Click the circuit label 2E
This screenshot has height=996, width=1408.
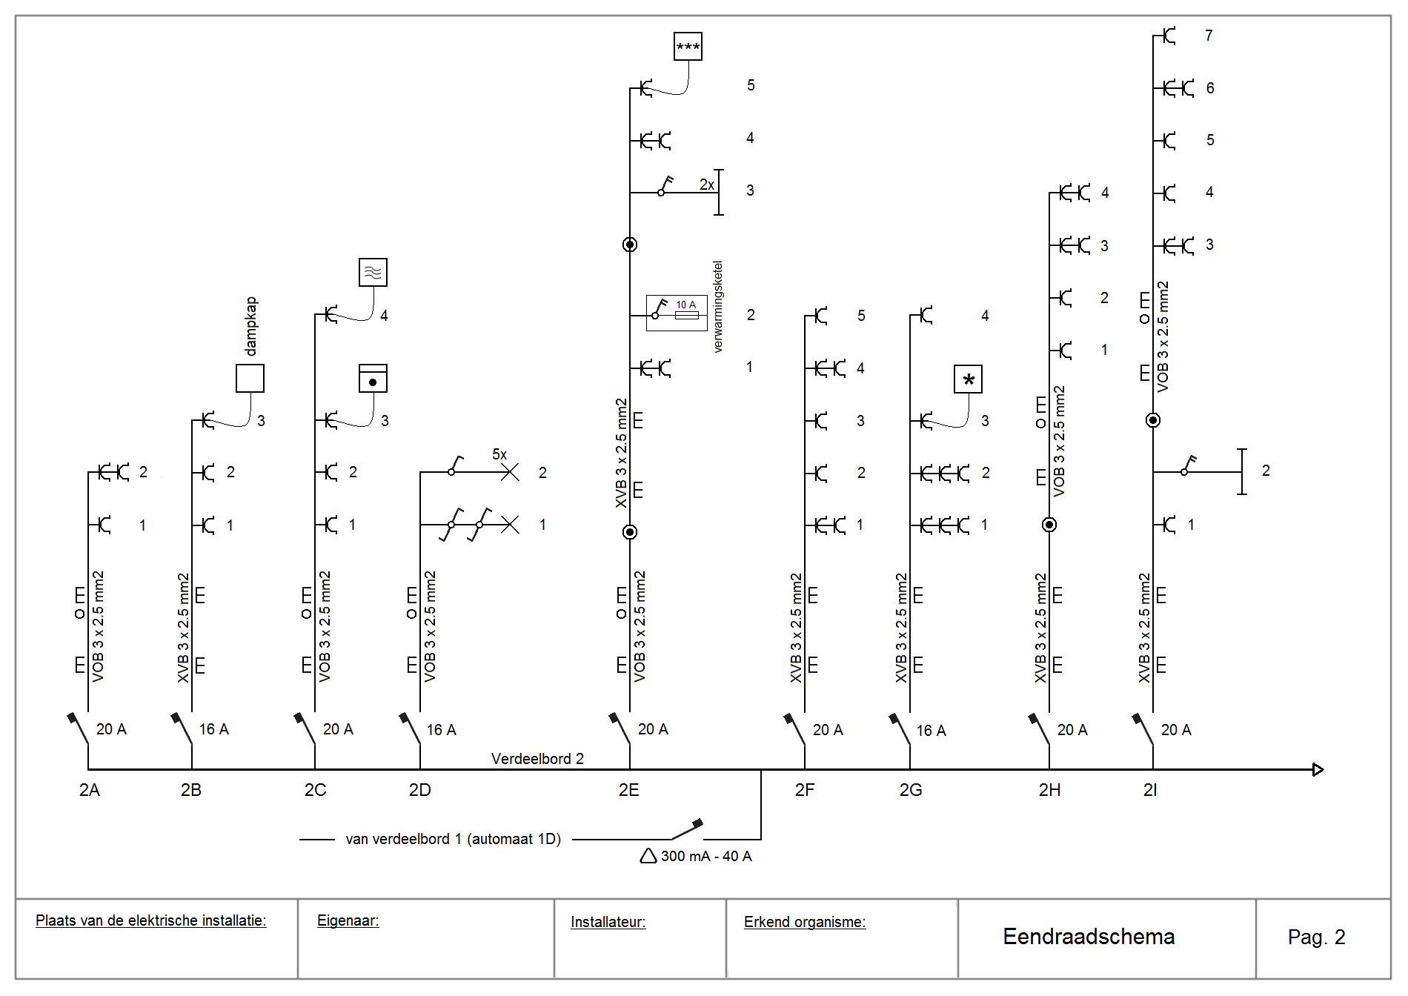pyautogui.click(x=628, y=790)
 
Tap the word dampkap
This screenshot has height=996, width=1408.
pyautogui.click(x=251, y=326)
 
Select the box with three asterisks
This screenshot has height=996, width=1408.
pyautogui.click(x=688, y=47)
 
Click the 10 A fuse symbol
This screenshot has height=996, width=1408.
pyautogui.click(x=686, y=315)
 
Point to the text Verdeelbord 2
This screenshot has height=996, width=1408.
pyautogui.click(x=537, y=759)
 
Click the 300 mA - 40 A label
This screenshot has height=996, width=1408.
pyautogui.click(x=705, y=857)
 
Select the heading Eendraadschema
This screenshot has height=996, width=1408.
pyautogui.click(x=1088, y=937)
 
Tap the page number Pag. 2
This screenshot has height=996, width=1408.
pyautogui.click(x=1316, y=937)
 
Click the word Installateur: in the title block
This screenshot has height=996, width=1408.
pyautogui.click(x=608, y=922)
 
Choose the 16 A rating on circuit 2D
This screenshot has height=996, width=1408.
pyautogui.click(x=441, y=730)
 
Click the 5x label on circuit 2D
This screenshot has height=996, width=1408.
pyautogui.click(x=499, y=454)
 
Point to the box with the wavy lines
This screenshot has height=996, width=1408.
pyautogui.click(x=373, y=273)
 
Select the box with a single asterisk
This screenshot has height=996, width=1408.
pyautogui.click(x=968, y=379)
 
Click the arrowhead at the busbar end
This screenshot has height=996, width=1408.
pyautogui.click(x=1318, y=769)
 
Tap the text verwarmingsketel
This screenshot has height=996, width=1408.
pyautogui.click(x=717, y=306)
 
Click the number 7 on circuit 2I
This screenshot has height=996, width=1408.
pyautogui.click(x=1209, y=36)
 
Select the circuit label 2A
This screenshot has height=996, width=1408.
pyautogui.click(x=89, y=790)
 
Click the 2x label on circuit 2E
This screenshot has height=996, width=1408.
pyautogui.click(x=707, y=185)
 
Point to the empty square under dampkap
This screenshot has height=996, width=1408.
pyautogui.click(x=250, y=378)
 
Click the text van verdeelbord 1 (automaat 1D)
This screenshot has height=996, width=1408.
pyautogui.click(x=453, y=839)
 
